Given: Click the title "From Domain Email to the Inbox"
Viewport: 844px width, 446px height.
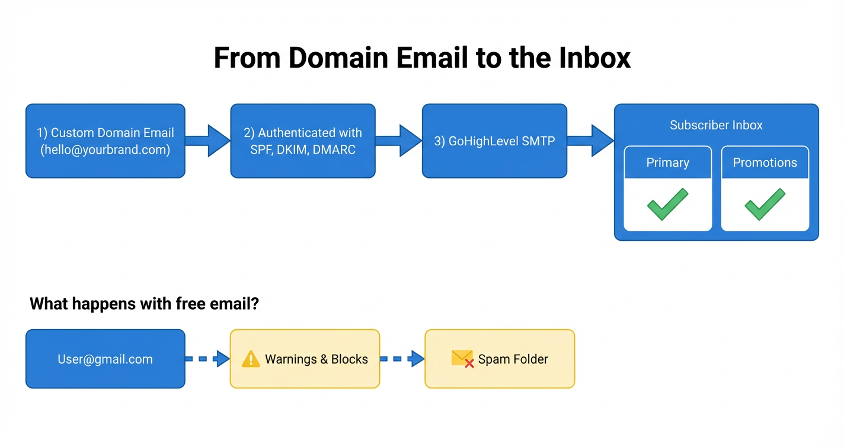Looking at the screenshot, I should coord(421,58).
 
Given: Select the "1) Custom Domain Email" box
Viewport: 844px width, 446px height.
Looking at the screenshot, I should coord(105,141).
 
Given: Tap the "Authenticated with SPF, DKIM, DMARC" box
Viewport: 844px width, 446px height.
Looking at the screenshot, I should coord(302,141).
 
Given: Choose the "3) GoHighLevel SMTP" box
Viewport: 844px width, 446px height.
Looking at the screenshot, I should coord(494,141).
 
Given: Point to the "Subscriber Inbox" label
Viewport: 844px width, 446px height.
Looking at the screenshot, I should coord(716,125).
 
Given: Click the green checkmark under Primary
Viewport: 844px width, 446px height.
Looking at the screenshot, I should coord(667,204).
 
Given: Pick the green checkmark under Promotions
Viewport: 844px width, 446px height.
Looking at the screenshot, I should coord(765,204).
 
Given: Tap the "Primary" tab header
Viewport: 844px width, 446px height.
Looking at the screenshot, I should coord(667,163).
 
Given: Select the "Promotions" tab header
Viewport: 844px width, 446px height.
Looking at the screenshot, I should coord(765,163).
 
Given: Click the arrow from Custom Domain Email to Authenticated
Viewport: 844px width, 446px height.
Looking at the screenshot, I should coord(208,141).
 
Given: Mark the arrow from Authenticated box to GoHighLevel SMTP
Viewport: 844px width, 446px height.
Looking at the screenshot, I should coord(399,141).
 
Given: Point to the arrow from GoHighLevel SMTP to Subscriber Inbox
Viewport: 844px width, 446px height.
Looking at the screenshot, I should coord(591,141).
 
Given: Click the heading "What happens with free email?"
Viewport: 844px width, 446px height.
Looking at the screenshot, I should coord(145,304).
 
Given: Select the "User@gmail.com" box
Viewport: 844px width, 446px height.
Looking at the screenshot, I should coord(105,359).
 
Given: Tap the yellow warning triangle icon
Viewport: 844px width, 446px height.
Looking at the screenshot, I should coord(251,359).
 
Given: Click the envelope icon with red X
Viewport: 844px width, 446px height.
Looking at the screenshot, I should coord(462,358).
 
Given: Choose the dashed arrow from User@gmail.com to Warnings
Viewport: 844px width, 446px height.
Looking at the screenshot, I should coord(208,359).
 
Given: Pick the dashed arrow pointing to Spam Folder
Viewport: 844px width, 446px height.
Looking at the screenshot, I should coord(402,359).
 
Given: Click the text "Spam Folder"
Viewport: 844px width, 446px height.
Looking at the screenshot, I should coord(513,359).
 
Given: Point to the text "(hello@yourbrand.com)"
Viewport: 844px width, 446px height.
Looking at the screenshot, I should coord(105,150).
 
